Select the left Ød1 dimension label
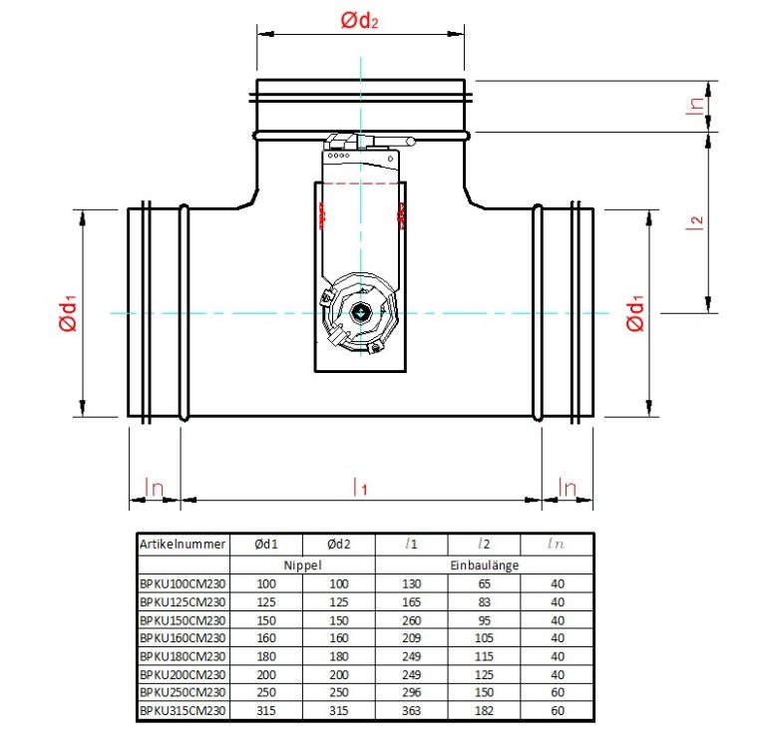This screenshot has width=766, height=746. [68, 313]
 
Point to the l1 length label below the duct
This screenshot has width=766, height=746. [360, 487]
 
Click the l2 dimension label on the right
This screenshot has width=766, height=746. [698, 220]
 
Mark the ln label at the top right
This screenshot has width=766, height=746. [697, 106]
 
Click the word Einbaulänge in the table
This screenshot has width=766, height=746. [484, 564]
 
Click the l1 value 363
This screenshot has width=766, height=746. [411, 709]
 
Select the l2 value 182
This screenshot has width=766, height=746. [484, 709]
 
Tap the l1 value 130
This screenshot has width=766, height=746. [411, 583]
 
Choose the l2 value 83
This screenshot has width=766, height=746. [484, 601]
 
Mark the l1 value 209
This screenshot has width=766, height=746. [411, 637]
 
